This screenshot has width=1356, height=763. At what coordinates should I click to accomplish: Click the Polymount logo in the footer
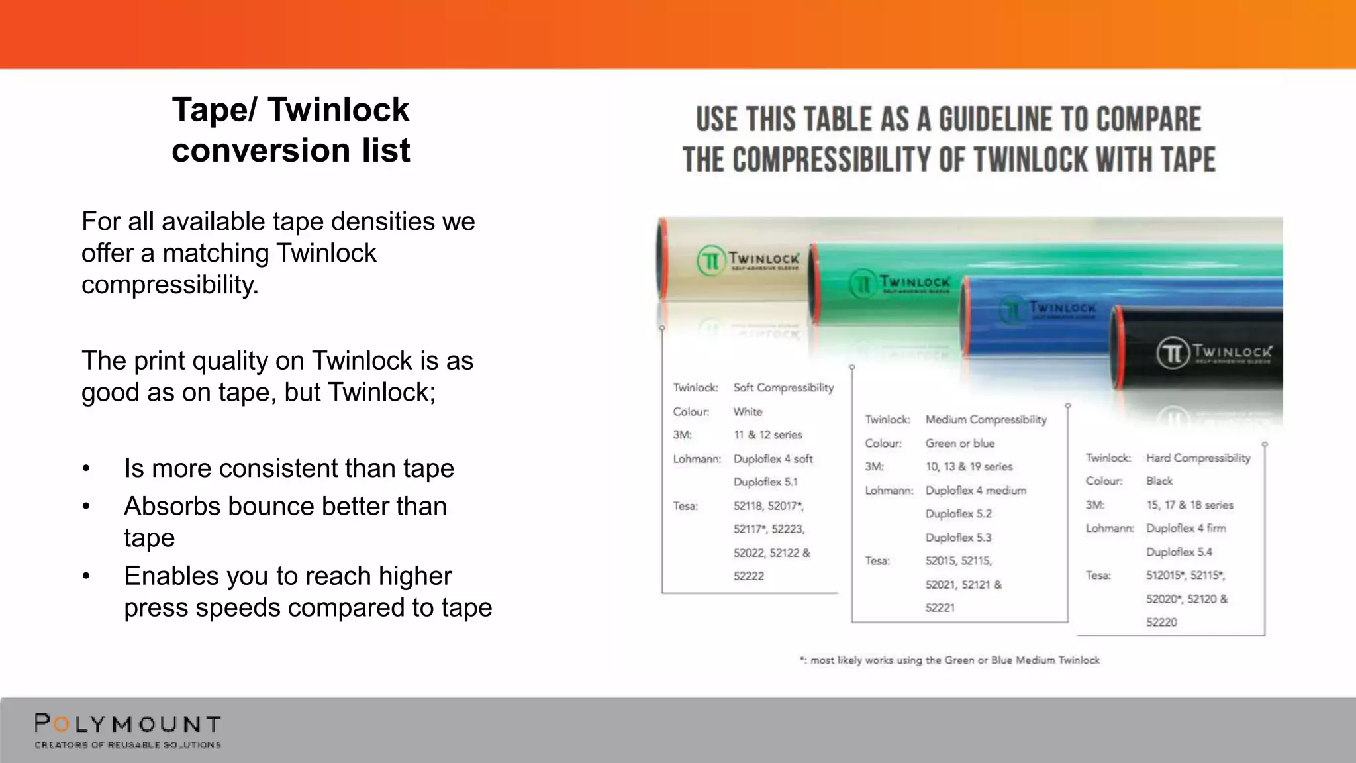[x=128, y=731]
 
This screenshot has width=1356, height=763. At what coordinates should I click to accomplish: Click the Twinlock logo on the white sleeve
[x=748, y=260]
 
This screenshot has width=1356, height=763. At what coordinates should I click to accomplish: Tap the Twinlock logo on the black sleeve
[x=1214, y=352]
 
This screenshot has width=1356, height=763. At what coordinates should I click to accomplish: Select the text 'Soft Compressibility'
[x=783, y=387]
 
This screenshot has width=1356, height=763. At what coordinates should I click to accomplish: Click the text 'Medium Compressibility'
[x=986, y=419]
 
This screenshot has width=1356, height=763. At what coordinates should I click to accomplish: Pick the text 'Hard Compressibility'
[x=1198, y=458]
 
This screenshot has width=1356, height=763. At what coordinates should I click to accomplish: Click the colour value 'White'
[x=748, y=411]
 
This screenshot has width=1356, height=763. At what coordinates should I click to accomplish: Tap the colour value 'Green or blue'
[x=959, y=443]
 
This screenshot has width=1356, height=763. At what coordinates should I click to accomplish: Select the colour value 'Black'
[x=1159, y=481]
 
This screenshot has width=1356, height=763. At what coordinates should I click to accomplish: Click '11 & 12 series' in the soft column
[x=767, y=434]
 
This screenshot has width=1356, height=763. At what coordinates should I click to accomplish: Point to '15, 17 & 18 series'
[x=1189, y=505]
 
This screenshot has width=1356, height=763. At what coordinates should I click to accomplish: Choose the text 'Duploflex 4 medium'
[x=975, y=490]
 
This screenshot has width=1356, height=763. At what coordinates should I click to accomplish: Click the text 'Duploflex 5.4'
[x=1179, y=552]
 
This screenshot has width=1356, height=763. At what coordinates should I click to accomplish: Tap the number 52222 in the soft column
[x=748, y=576]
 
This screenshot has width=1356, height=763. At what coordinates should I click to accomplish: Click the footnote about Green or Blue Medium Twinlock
[x=949, y=660]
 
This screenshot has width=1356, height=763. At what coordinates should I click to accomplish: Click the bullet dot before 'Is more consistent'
[x=86, y=468]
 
